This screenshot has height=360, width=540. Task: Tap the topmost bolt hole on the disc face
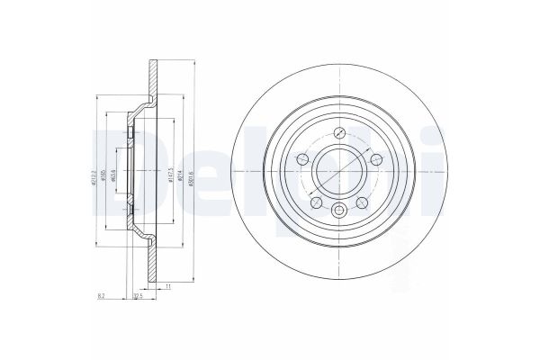click(x=338, y=132)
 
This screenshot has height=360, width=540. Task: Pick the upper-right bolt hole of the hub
click(x=375, y=160)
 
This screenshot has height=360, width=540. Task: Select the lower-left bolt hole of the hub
click(x=316, y=202)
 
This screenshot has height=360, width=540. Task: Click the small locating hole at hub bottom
click(x=338, y=211)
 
